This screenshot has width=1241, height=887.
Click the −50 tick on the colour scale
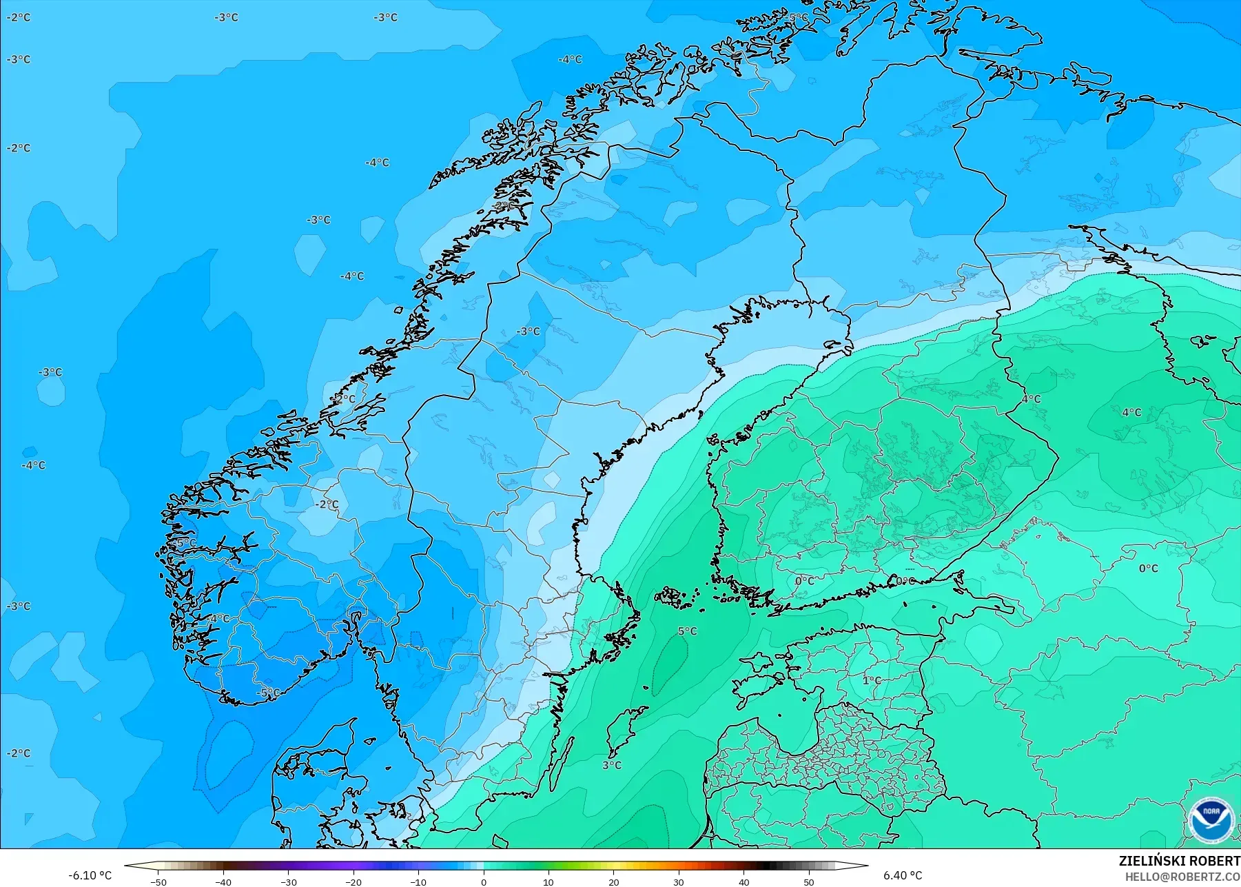click(158, 882)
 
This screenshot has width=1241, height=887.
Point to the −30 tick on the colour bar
click(289, 882)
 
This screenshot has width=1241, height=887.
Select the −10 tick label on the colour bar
click(418, 882)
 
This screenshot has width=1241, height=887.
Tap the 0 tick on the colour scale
click(484, 882)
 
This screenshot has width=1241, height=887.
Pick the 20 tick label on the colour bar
click(614, 882)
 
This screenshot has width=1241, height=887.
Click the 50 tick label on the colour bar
click(809, 882)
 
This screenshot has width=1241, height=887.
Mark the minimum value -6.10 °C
click(90, 875)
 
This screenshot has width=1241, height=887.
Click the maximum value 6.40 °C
click(903, 875)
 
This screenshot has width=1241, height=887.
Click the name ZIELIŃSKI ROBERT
click(1179, 861)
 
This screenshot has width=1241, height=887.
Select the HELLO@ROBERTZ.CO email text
click(1183, 877)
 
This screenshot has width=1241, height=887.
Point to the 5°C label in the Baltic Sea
click(687, 631)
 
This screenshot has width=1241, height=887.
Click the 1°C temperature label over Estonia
click(872, 680)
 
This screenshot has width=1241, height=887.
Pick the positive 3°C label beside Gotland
click(612, 765)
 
